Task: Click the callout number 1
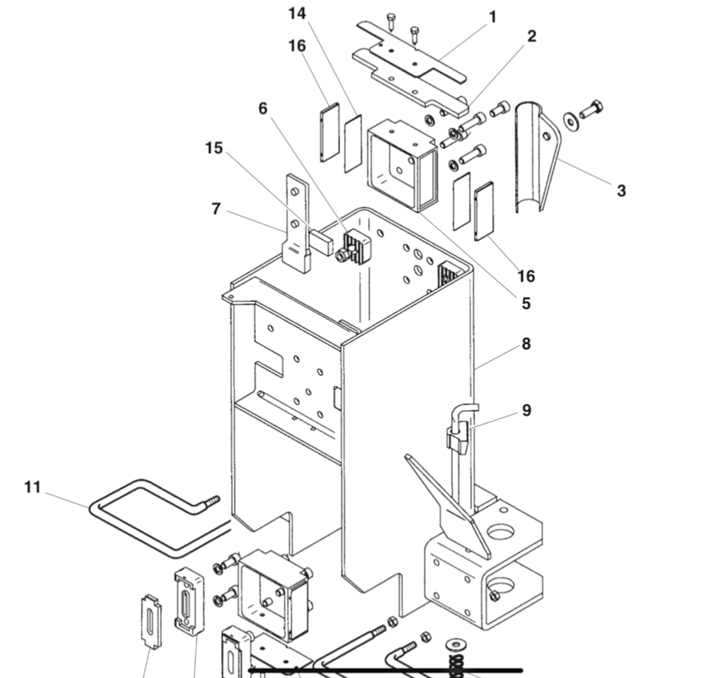pos(493,16)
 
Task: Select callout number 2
pos(532,36)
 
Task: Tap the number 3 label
pos(621,190)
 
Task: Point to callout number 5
pos(526,303)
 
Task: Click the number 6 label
pos(262,109)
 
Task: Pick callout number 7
pos(216,209)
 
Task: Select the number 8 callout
pos(526,344)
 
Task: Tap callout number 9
pos(526,410)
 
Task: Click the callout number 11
pos(31,487)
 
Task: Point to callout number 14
pos(297,13)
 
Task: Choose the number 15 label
pos(214,148)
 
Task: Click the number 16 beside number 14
pos(297,46)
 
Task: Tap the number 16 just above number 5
pos(526,276)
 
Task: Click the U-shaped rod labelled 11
pos(142,517)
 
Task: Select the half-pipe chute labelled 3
pos(534,157)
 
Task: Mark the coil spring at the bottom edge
pos(455,664)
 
